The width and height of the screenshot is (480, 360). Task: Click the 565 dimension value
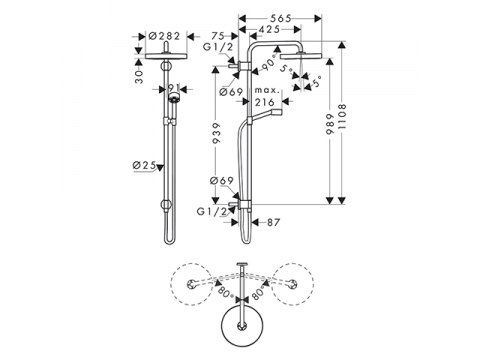280,18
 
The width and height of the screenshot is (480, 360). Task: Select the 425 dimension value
269,30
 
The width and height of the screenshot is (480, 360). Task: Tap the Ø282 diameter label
164,36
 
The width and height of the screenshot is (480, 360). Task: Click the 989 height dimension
330,124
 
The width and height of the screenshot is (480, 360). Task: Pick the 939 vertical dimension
216,133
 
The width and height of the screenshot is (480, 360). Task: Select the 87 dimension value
273,222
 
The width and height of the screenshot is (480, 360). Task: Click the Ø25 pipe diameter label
145,165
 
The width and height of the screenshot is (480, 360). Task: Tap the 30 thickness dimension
139,77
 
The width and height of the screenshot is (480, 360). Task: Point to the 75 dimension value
218,36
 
